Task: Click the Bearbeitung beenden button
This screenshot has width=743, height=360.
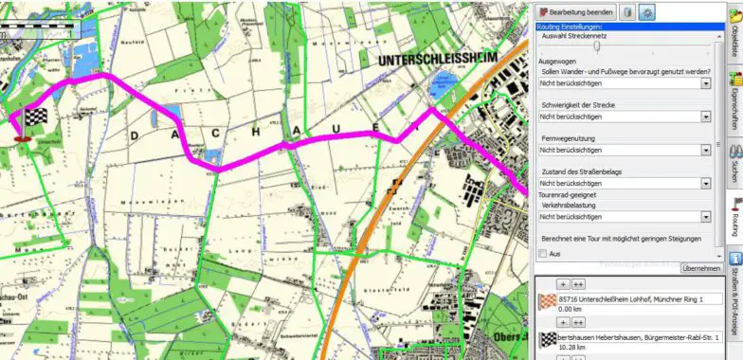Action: (x=577, y=12)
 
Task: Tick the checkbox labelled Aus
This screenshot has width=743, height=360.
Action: (x=543, y=254)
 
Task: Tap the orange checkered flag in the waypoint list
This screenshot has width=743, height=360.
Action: (x=548, y=303)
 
